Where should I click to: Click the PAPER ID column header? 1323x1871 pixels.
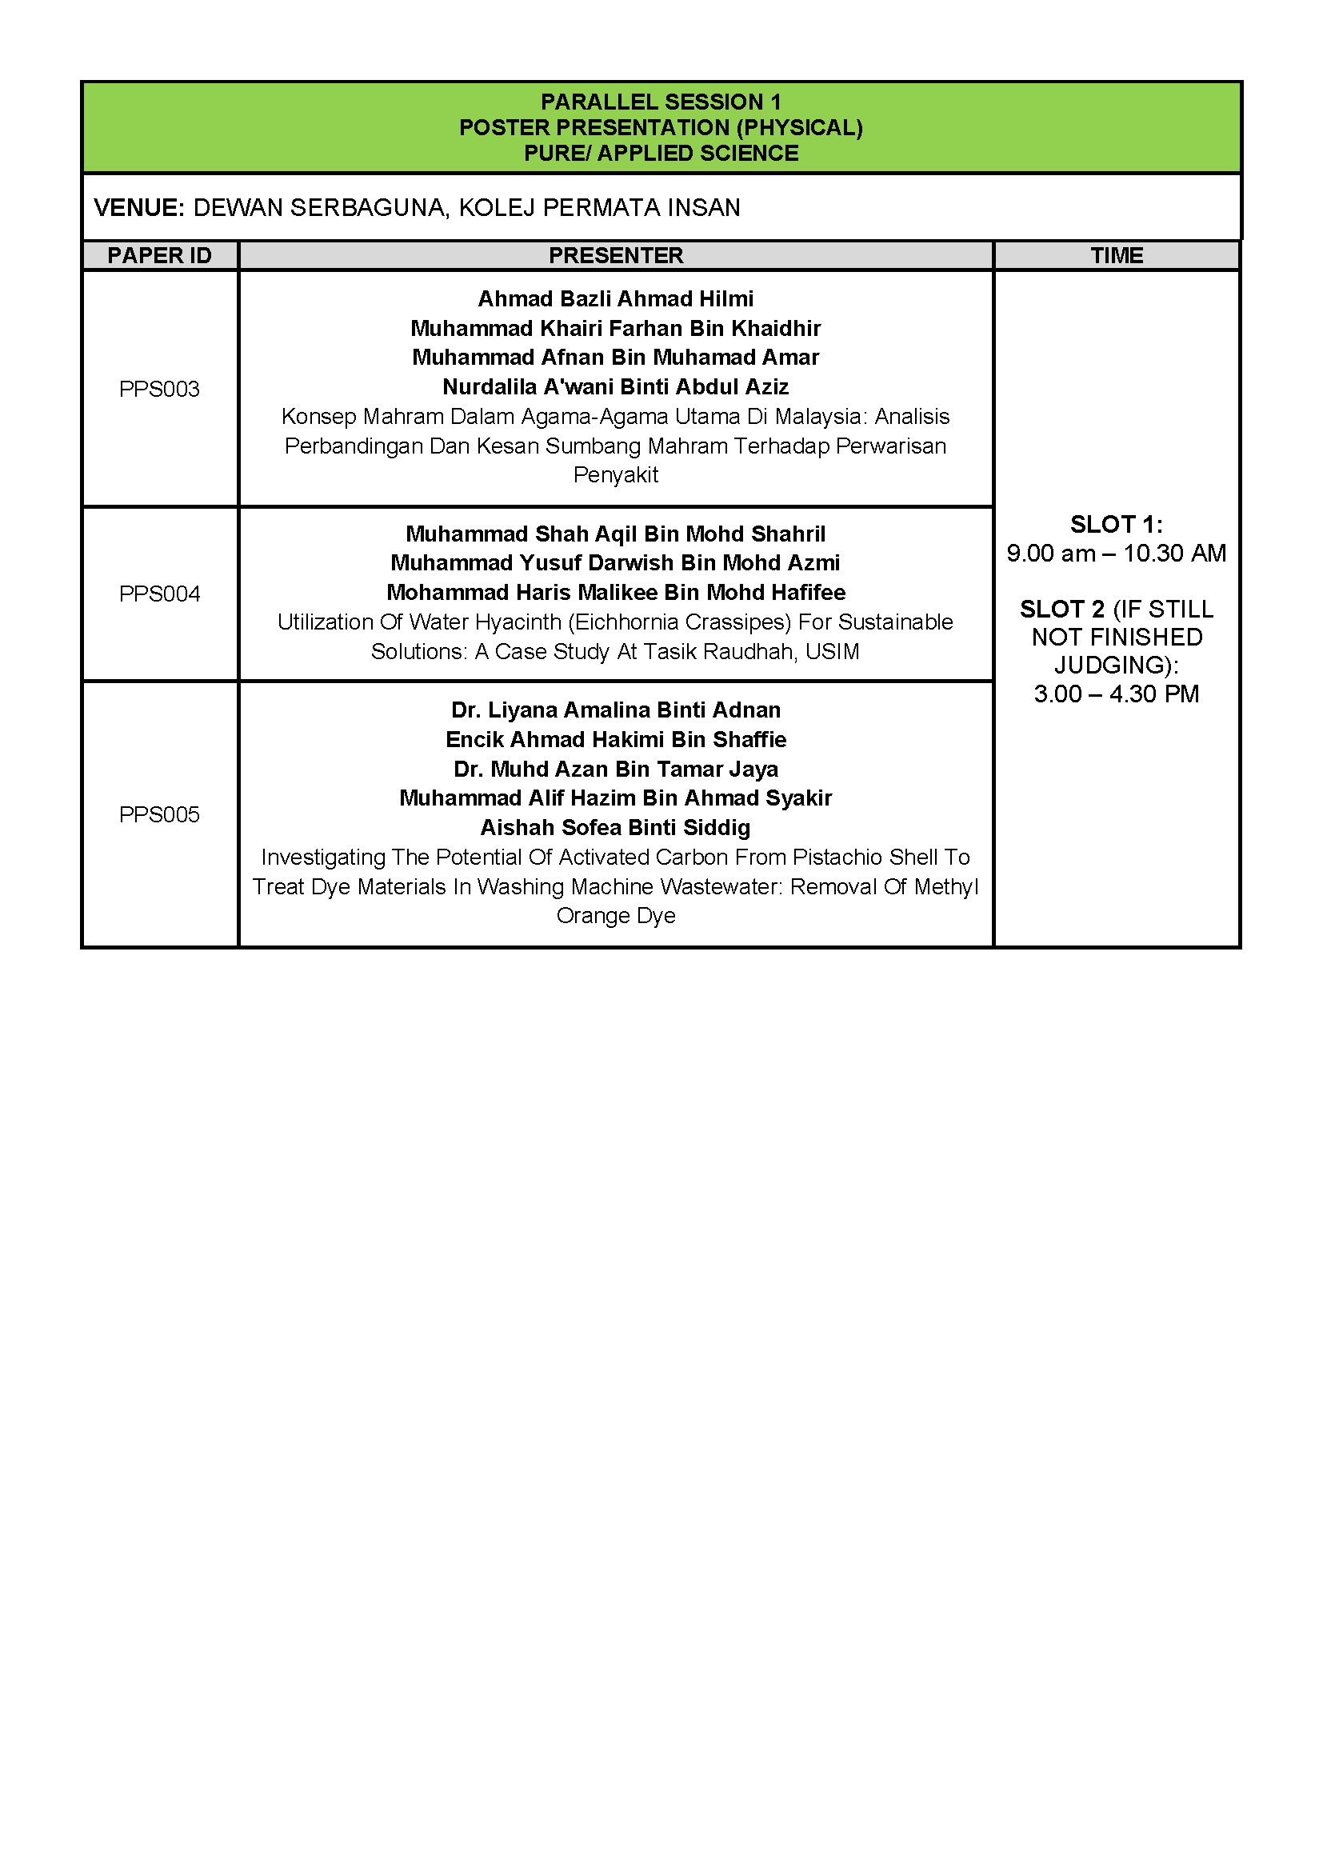pos(159,255)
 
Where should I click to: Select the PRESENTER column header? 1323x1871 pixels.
pos(615,255)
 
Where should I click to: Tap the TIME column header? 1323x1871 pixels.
pos(1116,255)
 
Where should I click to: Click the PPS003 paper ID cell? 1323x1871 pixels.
pos(159,389)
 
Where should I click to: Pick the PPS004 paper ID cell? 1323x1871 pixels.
pos(159,594)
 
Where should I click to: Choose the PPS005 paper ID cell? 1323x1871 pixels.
pos(159,814)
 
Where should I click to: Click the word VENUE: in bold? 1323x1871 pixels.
pos(139,208)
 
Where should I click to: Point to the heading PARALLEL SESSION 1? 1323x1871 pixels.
pos(661,102)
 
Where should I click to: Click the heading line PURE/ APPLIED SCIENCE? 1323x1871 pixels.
pos(661,154)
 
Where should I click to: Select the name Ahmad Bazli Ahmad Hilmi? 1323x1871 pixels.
pos(615,298)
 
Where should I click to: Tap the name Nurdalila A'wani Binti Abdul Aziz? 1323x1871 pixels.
pos(615,386)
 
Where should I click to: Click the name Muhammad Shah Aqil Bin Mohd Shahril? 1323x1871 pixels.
pos(615,534)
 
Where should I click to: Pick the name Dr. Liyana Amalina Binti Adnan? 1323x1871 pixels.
pos(615,710)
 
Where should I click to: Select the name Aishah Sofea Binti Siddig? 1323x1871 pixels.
pos(615,827)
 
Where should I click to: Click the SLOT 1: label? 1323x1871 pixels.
pos(1116,524)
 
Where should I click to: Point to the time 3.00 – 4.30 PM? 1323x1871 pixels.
pos(1116,694)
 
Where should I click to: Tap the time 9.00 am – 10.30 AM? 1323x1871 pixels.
pos(1116,554)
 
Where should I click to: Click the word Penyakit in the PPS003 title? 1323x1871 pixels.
pos(615,474)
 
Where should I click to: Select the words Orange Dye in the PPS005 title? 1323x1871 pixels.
pos(615,915)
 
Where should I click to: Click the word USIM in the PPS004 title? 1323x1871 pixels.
pos(832,651)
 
